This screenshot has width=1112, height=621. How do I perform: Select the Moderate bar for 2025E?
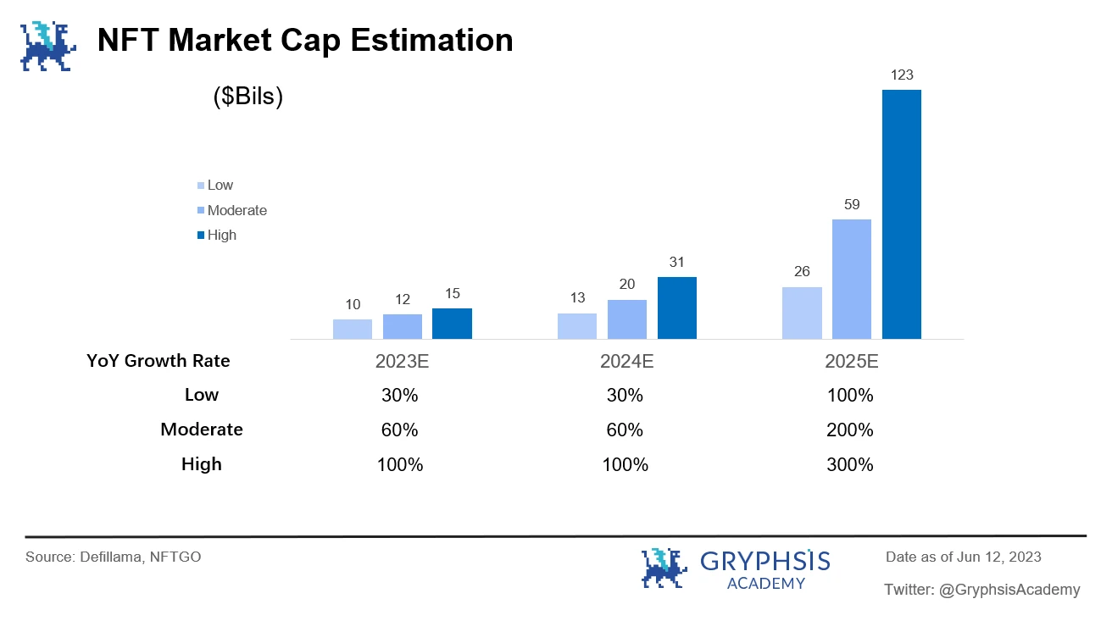click(x=852, y=280)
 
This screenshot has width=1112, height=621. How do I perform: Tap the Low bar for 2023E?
click(x=353, y=329)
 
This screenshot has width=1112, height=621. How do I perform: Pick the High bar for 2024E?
click(x=676, y=308)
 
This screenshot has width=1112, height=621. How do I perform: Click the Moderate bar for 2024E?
click(x=626, y=319)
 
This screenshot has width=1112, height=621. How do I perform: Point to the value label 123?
click(x=902, y=75)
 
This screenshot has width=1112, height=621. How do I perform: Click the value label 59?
click(x=852, y=204)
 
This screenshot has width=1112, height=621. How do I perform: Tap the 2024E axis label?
click(x=626, y=362)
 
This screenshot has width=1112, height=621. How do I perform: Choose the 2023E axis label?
click(x=403, y=362)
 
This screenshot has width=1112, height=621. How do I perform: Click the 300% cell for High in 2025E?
click(x=851, y=464)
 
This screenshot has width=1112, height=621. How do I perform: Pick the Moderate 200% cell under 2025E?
click(x=851, y=430)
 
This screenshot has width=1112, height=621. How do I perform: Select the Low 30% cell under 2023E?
click(x=400, y=395)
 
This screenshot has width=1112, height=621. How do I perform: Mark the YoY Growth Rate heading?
click(x=158, y=361)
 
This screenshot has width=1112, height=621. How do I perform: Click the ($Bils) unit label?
click(x=247, y=97)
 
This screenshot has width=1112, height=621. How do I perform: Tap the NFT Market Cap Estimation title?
click(x=305, y=40)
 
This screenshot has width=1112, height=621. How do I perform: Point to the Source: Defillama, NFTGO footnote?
click(x=114, y=557)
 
